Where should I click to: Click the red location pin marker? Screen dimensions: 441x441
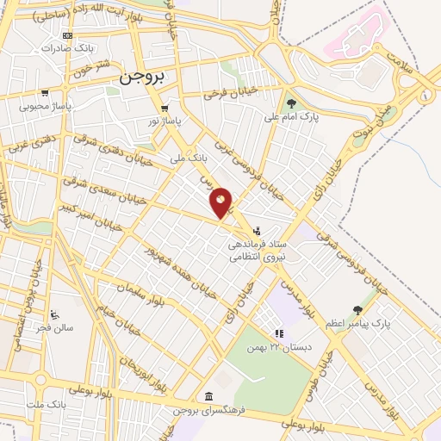221,203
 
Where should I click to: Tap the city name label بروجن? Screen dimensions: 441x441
141,76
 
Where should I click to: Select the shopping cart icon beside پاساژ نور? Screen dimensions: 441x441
164,109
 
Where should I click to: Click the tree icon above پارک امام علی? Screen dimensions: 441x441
291,103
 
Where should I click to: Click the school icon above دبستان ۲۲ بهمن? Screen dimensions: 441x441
278,334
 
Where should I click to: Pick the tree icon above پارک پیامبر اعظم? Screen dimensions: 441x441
357,310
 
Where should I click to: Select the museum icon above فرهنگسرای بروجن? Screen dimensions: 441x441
208,396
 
